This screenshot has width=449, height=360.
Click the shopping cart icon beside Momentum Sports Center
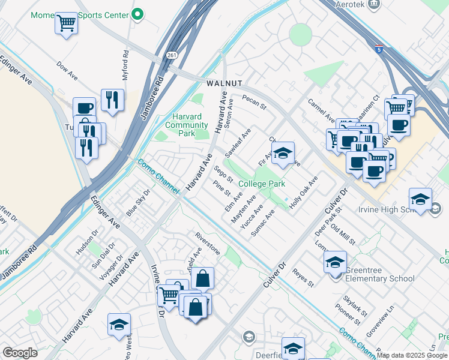point(66,24)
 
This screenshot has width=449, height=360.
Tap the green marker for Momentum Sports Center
point(137,13)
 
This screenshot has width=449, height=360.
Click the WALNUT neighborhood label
point(224,83)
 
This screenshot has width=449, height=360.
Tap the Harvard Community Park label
point(186,125)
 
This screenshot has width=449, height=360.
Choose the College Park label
point(261,184)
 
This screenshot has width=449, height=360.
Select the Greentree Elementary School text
point(379,278)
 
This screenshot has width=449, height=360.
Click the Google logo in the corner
point(20,353)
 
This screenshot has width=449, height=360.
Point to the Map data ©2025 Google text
point(412,356)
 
